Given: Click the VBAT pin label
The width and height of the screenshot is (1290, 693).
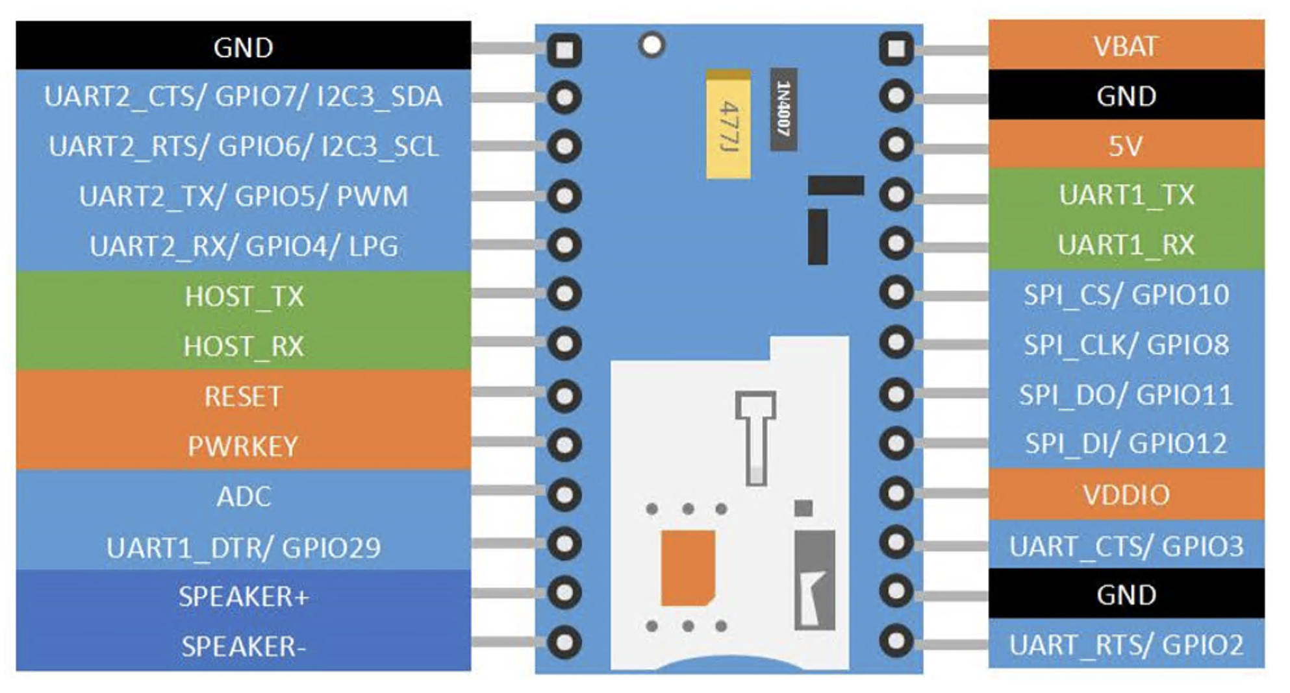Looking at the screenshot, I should click(x=1126, y=46).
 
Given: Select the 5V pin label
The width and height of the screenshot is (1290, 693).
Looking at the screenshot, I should click(x=1126, y=146).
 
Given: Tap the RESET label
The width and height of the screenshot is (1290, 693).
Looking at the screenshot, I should click(x=243, y=396).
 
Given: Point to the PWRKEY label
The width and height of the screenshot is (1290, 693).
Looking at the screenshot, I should click(x=243, y=446).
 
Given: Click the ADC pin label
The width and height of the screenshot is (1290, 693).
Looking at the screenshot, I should click(x=243, y=496).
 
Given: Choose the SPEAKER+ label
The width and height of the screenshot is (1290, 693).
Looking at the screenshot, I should click(x=243, y=596).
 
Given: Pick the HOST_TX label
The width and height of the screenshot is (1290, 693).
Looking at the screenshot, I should click(x=243, y=297).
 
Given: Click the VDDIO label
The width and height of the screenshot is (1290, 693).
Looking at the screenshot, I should click(x=1126, y=495).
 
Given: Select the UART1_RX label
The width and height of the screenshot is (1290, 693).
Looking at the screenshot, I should click(x=1126, y=245).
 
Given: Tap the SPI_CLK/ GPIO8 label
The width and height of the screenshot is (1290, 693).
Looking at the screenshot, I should click(x=1126, y=345).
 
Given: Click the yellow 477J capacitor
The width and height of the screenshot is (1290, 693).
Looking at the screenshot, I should click(x=728, y=125).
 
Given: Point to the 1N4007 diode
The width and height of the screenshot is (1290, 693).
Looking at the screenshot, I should click(x=783, y=109).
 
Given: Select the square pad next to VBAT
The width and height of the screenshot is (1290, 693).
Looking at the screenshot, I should click(x=896, y=49).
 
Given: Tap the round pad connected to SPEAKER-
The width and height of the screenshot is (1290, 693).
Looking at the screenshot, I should click(x=564, y=642).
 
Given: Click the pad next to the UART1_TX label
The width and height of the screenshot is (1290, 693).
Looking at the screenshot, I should click(x=896, y=194).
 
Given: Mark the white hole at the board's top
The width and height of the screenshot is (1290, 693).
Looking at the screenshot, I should click(x=651, y=45).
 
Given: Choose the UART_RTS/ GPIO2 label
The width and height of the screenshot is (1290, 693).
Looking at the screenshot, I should click(x=1126, y=645).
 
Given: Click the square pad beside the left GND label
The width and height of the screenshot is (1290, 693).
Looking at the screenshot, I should click(x=564, y=50).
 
